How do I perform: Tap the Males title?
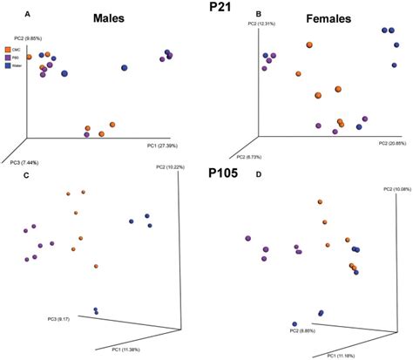click(x=118, y=18)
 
